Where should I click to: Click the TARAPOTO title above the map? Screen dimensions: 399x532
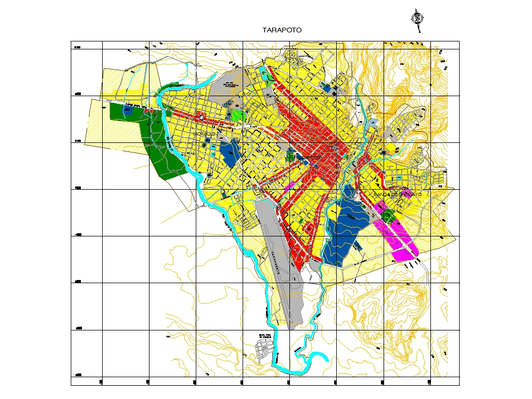[x=282, y=30]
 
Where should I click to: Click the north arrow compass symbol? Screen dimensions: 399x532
[x=419, y=19]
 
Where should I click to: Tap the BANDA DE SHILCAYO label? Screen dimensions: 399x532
[x=397, y=195]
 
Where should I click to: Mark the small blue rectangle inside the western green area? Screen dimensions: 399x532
[x=128, y=110]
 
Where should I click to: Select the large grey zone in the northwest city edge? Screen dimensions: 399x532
[x=226, y=88]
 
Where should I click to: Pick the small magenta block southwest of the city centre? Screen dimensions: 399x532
[x=290, y=186]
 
